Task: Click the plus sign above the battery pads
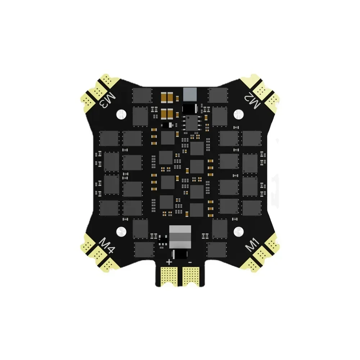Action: tap(169, 262)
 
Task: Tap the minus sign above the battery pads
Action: tap(190, 262)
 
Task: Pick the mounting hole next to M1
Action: tap(238, 231)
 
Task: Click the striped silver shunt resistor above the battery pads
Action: tap(179, 237)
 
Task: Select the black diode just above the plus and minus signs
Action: tap(179, 254)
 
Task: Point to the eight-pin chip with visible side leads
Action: tap(190, 122)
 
